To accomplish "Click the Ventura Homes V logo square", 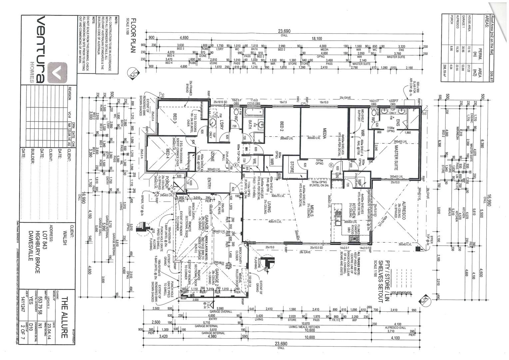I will click(57, 72).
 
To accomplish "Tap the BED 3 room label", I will click(175, 119).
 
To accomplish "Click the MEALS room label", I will click(310, 210).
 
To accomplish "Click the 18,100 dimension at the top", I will click(316, 39).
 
